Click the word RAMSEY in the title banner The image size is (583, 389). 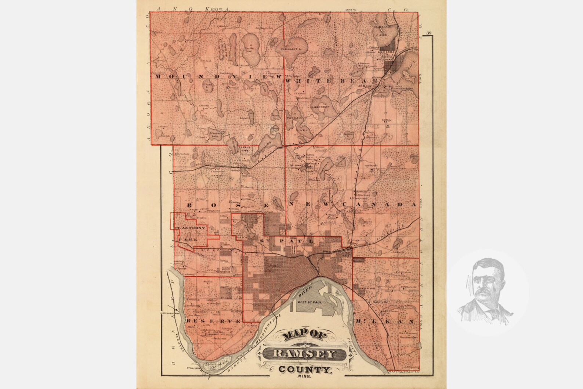(x=304, y=354)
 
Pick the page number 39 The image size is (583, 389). (x=429, y=33)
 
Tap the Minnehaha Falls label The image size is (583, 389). (x=169, y=312)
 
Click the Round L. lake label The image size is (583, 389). (x=206, y=85)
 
